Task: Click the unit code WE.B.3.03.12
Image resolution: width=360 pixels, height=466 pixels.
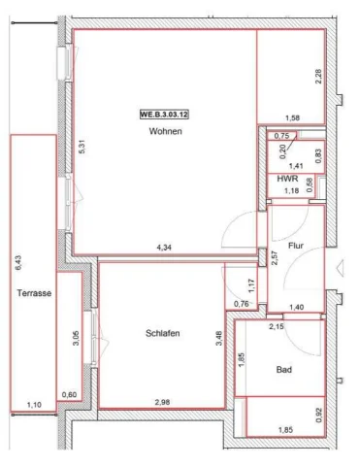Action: click(164, 115)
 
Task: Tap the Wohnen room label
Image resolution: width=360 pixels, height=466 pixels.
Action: click(165, 131)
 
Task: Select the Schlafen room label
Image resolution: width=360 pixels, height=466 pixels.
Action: click(163, 333)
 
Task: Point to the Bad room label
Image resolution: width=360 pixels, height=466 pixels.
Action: click(284, 370)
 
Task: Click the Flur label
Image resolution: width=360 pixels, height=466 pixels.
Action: click(296, 246)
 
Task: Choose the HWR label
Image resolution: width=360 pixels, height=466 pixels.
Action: click(287, 179)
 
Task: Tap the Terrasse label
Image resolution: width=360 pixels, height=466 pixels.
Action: click(34, 293)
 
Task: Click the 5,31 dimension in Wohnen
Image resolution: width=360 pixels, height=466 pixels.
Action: click(82, 148)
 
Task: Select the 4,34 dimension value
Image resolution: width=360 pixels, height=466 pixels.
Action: click(164, 248)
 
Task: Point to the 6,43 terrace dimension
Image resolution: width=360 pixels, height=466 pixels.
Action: click(18, 263)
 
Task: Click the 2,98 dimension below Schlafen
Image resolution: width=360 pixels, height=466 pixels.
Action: click(162, 403)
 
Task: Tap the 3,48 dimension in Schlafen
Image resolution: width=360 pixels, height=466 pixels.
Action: click(219, 339)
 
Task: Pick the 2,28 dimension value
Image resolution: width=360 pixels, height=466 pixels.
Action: click(318, 77)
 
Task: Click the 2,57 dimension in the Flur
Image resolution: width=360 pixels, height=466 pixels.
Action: click(275, 258)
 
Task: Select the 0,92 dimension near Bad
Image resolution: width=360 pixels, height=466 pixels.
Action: click(319, 416)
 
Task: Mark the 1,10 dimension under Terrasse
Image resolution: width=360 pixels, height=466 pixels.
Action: click(34, 405)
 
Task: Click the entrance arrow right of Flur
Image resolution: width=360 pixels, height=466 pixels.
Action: click(341, 269)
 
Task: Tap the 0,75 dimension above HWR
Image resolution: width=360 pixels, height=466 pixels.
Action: click(281, 136)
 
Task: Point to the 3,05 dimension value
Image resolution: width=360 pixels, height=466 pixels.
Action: click(76, 339)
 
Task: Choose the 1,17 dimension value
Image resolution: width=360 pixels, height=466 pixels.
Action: click(251, 286)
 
